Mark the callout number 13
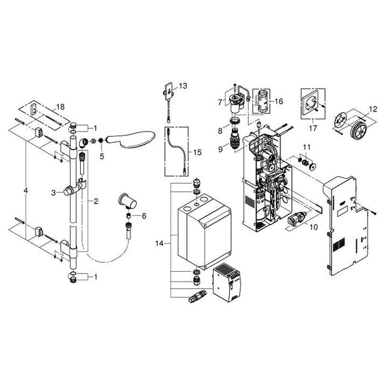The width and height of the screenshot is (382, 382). coord(182,86)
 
